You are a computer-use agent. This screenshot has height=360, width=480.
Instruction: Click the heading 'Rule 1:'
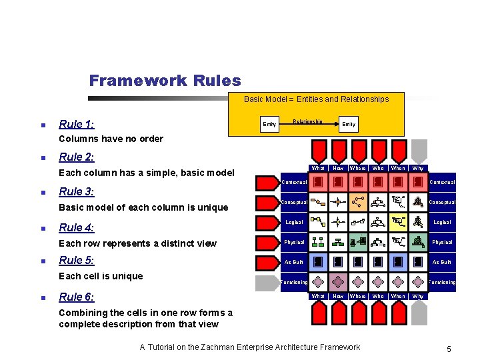(x=76, y=124)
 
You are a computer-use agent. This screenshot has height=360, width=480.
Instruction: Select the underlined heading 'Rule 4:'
(x=76, y=227)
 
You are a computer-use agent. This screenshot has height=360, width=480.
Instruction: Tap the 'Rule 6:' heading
(x=76, y=297)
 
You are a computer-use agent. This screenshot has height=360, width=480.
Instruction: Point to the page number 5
(x=449, y=349)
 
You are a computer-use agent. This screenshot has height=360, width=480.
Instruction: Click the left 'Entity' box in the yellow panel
(x=269, y=124)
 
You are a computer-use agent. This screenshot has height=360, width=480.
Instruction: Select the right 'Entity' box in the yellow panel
(x=349, y=124)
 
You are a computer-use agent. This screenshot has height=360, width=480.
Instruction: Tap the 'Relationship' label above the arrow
(x=308, y=121)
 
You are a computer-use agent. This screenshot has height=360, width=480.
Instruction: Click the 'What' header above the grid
(x=319, y=168)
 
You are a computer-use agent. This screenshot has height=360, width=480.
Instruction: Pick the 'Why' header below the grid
(x=418, y=296)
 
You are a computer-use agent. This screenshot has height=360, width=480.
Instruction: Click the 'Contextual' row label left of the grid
(x=294, y=182)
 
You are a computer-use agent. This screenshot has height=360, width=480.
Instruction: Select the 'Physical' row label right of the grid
(x=442, y=242)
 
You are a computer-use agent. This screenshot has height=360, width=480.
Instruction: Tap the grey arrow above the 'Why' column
(x=418, y=149)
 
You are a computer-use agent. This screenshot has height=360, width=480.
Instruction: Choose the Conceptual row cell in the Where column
(x=358, y=202)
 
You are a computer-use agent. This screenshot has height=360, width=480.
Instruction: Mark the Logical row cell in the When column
(x=398, y=222)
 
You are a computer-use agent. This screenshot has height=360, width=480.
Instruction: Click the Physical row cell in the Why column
(x=418, y=242)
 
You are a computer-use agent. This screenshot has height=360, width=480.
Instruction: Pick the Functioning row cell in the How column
(x=338, y=282)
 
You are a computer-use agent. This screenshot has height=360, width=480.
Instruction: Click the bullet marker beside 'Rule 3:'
(x=43, y=193)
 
